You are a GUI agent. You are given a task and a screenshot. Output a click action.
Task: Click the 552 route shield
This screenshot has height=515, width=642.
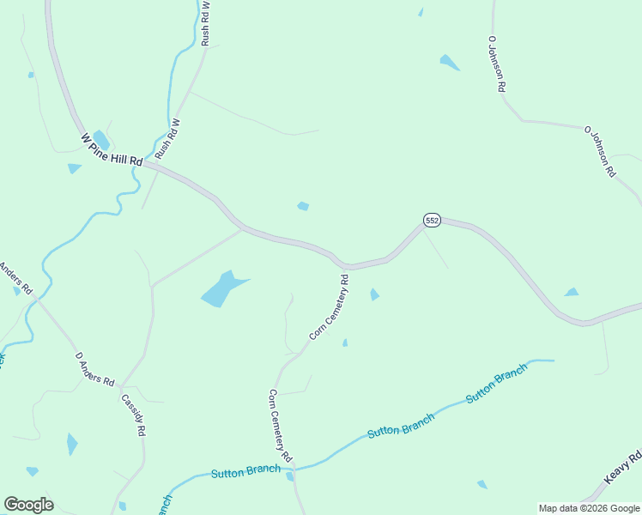[x=432, y=221]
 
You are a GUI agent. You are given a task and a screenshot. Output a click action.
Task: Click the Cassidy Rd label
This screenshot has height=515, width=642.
[x=133, y=415]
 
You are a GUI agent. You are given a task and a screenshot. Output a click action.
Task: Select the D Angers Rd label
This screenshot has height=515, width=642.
[x=94, y=368]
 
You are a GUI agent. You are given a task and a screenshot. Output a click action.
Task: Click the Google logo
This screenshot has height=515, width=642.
[x=28, y=505]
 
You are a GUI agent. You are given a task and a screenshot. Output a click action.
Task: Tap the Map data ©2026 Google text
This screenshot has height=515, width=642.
[x=588, y=508]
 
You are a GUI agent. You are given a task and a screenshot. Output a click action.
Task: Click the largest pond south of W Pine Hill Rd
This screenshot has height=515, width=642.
[x=221, y=289]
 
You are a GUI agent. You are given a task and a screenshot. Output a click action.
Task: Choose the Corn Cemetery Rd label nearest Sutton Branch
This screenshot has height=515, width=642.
[x=281, y=421]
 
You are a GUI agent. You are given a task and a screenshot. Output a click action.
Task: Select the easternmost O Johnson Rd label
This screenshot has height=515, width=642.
[x=600, y=151]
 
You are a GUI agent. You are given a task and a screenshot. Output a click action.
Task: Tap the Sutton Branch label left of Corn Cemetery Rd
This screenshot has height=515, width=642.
[x=245, y=470]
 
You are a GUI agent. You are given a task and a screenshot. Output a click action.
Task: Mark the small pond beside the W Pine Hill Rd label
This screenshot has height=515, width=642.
[x=100, y=139]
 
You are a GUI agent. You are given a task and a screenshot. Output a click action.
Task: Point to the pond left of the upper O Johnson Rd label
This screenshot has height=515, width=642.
[x=450, y=62]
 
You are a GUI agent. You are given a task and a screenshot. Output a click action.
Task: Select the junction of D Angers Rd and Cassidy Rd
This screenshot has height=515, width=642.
[x=122, y=385]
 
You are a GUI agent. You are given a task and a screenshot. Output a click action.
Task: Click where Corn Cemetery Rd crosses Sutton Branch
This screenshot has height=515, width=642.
[x=292, y=470]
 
